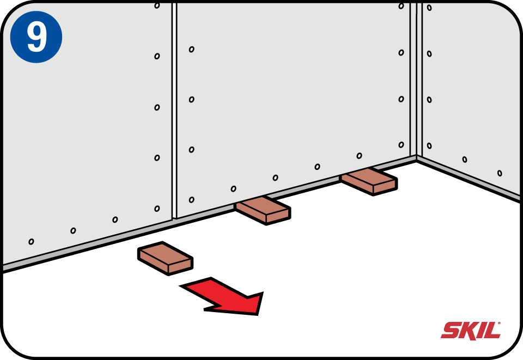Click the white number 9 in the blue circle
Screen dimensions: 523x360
click(x=37, y=36)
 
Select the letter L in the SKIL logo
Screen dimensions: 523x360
click(x=492, y=331)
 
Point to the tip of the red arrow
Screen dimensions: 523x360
click(x=257, y=314)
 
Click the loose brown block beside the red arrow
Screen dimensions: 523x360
click(x=166, y=258)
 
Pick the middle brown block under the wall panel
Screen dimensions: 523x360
click(x=263, y=210)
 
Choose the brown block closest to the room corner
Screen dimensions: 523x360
click(x=369, y=181)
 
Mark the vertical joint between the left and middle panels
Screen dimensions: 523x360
click(x=174, y=110)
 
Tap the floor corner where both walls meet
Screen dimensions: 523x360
click(x=417, y=160)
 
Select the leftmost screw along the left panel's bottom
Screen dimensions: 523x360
click(x=31, y=241)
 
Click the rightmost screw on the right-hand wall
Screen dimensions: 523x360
click(x=500, y=173)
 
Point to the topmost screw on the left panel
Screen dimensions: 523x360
click(x=157, y=5)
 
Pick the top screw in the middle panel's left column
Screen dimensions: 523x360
click(x=191, y=50)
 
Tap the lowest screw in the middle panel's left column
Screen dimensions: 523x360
click(x=191, y=200)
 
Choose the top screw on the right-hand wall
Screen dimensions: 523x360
click(x=429, y=7)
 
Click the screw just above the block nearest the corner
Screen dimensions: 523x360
click(x=359, y=156)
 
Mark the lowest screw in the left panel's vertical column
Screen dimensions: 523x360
click(x=157, y=209)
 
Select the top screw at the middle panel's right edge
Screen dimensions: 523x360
click(x=402, y=6)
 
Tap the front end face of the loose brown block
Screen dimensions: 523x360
click(x=180, y=266)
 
